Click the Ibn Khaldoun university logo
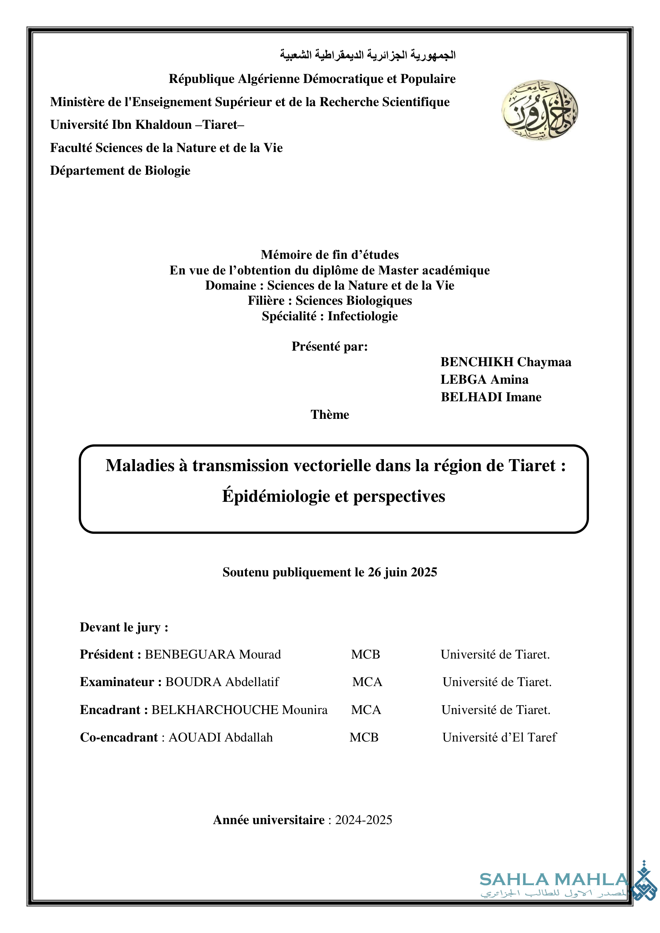coord(539,110)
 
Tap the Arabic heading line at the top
coord(368,55)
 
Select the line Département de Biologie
coord(120,171)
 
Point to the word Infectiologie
coord(362,316)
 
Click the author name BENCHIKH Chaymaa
coord(506,362)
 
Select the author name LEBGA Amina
coord(484,379)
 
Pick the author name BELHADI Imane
coord(491,397)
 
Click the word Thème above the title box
coord(330,414)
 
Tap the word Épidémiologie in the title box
coord(275,496)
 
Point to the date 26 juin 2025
coord(402,572)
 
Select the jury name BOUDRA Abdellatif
coord(222,682)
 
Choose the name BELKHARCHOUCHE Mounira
coord(239,710)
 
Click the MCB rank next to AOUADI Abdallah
coord(364,737)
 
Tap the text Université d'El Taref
coord(499,737)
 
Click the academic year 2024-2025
coord(364,820)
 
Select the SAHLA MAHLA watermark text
coord(554,880)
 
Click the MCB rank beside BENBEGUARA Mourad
coord(366,654)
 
